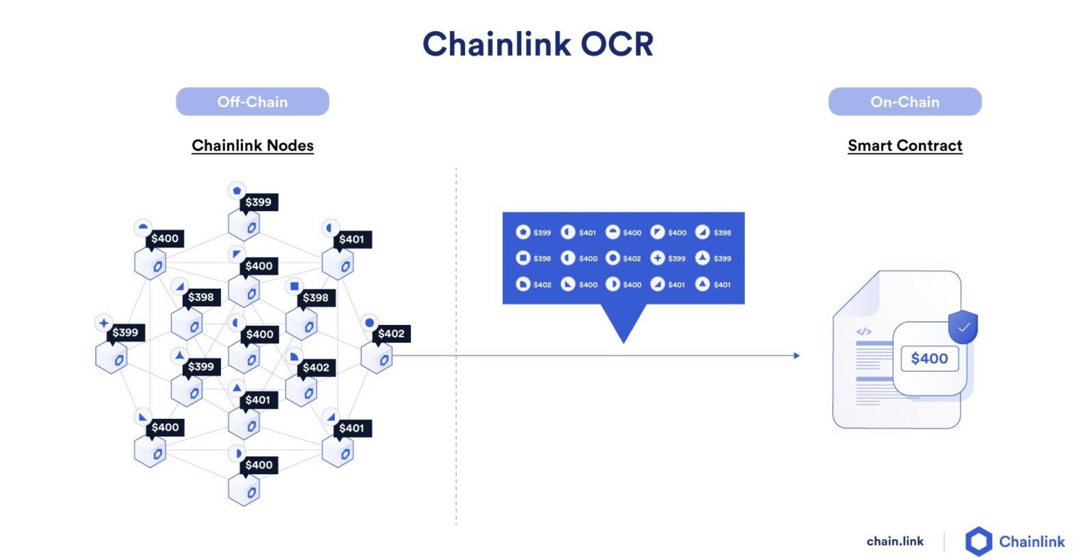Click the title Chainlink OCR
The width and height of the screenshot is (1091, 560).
coord(538,44)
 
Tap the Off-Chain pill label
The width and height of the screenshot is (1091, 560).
coord(252,102)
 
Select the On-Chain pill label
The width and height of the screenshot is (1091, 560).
coord(904,102)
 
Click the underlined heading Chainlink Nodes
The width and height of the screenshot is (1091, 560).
coord(252,146)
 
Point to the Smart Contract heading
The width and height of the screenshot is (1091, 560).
coord(904,146)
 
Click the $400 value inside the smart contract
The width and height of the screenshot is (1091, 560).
coord(929,358)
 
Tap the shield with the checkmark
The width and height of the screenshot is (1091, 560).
coord(963,327)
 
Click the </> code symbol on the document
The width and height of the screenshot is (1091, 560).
coord(864,332)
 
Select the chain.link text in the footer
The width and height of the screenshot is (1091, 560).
coord(895,541)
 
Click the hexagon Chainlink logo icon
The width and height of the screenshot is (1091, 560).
coord(978,541)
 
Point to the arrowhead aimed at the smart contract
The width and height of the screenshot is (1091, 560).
coord(796,355)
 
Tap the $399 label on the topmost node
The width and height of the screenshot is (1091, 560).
coord(258,202)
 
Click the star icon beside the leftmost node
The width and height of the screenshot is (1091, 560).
coord(104,323)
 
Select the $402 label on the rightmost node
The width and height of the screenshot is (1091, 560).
coord(391,333)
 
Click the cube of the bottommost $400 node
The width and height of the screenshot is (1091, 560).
coord(244,490)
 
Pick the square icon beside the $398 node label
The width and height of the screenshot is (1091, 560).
coord(294,286)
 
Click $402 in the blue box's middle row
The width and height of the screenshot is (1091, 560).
coord(632,259)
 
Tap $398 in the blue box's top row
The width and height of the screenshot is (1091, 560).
coord(722,233)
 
